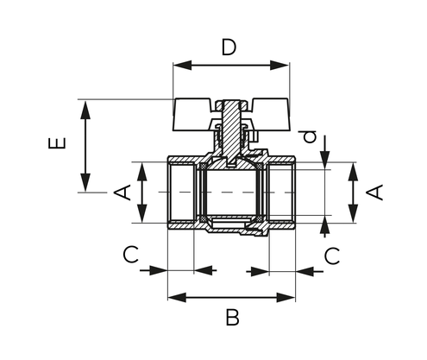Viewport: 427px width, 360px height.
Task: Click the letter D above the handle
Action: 229,47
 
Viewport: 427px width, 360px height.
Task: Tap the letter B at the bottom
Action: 232,318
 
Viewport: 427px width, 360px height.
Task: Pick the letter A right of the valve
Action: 375,192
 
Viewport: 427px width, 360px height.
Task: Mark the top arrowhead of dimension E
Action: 85,105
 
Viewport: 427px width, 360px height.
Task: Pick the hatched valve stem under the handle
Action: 231,129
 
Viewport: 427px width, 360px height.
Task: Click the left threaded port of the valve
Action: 181,193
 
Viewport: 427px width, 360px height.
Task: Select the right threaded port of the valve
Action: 282,193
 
